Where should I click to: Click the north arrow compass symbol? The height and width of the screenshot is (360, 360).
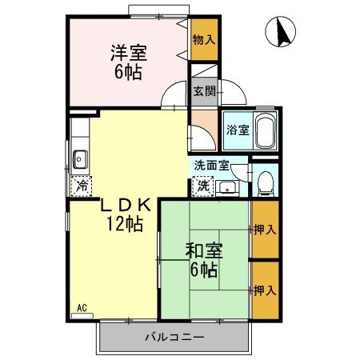(x=281, y=32)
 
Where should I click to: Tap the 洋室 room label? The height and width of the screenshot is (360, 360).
(x=129, y=53)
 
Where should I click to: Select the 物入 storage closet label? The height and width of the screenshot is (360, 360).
(x=204, y=40)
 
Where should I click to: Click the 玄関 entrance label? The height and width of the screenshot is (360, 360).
(x=204, y=91)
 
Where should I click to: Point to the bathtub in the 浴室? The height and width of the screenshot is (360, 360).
(x=266, y=131)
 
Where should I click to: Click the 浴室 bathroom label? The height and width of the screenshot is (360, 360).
(x=238, y=130)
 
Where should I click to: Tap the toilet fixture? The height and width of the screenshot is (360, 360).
(x=266, y=183)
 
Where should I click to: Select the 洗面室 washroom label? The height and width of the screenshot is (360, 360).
(x=212, y=166)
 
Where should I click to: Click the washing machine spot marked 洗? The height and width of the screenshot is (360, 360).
(x=203, y=186)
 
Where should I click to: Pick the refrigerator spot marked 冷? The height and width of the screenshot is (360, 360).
(x=82, y=186)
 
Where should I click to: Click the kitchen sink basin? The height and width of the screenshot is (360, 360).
(x=80, y=159)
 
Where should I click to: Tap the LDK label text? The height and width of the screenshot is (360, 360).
(x=126, y=206)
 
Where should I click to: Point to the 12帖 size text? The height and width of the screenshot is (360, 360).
(x=125, y=223)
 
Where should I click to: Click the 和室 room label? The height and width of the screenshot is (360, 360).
(x=204, y=250)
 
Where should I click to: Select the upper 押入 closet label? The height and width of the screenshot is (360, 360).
(x=265, y=230)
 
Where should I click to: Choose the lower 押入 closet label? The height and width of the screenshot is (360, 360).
(x=265, y=290)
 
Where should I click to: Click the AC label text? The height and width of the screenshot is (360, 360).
(x=82, y=308)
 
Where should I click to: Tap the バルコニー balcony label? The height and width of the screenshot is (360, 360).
(x=174, y=338)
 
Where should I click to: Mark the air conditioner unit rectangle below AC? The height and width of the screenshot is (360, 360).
(x=82, y=316)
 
